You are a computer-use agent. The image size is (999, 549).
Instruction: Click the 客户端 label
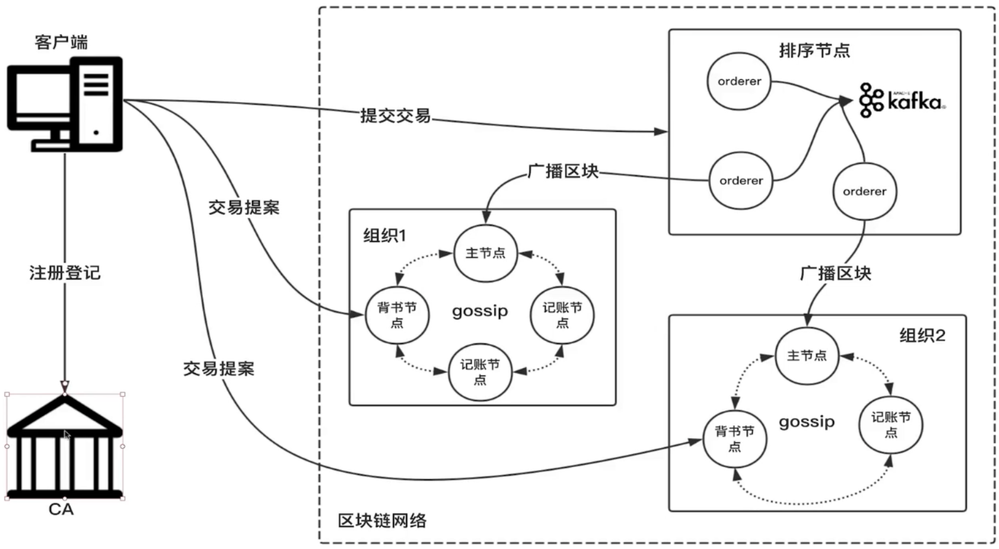pyautogui.click(x=61, y=42)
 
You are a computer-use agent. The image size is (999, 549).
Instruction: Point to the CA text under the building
pyautogui.click(x=61, y=510)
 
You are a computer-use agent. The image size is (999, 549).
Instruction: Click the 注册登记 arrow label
pyautogui.click(x=65, y=273)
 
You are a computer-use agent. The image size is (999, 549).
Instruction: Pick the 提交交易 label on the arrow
pyautogui.click(x=395, y=115)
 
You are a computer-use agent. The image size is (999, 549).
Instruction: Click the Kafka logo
pyautogui.click(x=902, y=100)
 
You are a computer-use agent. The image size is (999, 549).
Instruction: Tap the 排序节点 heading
pyautogui.click(x=814, y=50)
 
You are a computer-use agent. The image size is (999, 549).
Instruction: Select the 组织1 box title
pyautogui.click(x=384, y=236)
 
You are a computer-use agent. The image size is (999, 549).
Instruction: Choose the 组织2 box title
pyautogui.click(x=922, y=335)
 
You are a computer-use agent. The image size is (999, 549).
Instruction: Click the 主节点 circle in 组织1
pyautogui.click(x=485, y=253)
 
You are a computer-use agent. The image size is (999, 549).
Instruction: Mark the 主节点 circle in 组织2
pyautogui.click(x=807, y=356)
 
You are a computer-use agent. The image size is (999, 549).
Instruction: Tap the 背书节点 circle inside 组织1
pyautogui.click(x=397, y=315)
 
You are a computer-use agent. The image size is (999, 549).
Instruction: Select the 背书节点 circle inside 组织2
pyautogui.click(x=735, y=438)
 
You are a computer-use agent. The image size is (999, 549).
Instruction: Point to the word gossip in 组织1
pyautogui.click(x=480, y=311)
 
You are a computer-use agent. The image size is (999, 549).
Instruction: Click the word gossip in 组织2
pyautogui.click(x=807, y=422)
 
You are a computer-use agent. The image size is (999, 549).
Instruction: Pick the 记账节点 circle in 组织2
pyautogui.click(x=891, y=425)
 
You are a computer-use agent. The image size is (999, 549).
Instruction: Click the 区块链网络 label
pyautogui.click(x=382, y=521)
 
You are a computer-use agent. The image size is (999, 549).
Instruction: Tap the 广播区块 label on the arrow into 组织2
pyautogui.click(x=835, y=273)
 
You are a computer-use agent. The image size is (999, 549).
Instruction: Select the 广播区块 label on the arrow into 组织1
pyautogui.click(x=563, y=171)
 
